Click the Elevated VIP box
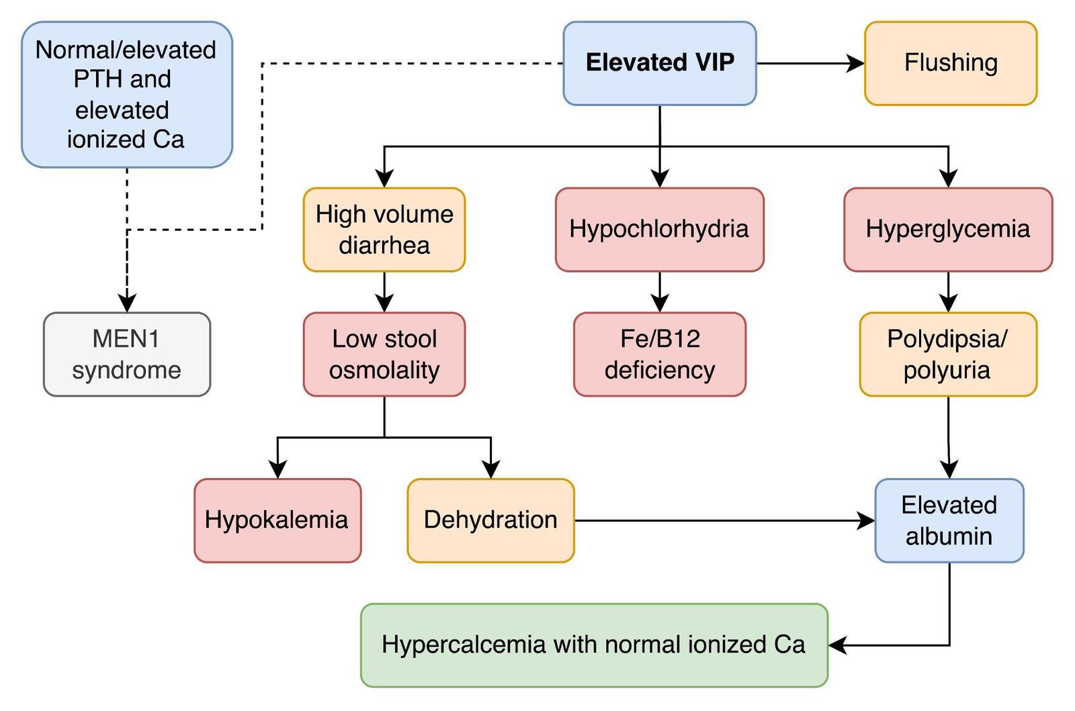click(659, 63)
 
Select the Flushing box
click(950, 63)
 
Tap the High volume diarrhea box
click(384, 230)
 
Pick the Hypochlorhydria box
click(659, 230)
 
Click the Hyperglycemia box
click(947, 230)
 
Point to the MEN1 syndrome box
click(127, 354)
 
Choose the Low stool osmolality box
click(384, 354)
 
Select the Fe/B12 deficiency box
click(659, 354)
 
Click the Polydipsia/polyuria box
click(947, 354)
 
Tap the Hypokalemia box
click(277, 520)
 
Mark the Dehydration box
click(490, 520)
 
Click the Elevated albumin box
click(949, 520)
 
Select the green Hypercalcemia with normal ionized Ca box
click(594, 645)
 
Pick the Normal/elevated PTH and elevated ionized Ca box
click(127, 95)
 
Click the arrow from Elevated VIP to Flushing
click(810, 63)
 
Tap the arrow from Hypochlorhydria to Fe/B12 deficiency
click(660, 291)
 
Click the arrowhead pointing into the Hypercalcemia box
click(837, 645)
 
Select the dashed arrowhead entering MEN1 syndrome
click(127, 303)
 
